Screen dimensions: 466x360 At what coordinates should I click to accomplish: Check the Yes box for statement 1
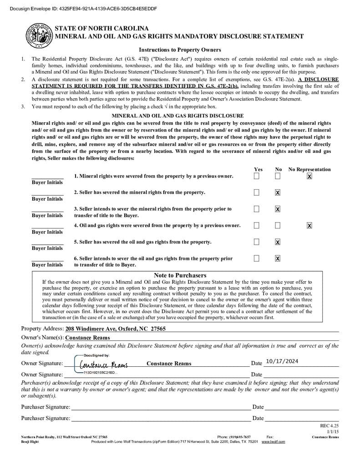[x=257, y=176]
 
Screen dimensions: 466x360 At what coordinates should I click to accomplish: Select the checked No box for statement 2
[x=278, y=192]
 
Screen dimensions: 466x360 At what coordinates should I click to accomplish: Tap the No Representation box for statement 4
[x=309, y=225]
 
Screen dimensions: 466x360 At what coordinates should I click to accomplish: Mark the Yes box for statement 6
[x=257, y=258]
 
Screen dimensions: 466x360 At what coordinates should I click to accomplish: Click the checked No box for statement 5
[x=278, y=242]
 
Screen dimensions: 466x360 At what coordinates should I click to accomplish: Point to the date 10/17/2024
[x=282, y=361]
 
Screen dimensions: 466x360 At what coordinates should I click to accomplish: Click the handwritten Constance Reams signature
[x=103, y=365]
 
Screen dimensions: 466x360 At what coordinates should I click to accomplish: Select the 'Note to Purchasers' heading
[x=180, y=275]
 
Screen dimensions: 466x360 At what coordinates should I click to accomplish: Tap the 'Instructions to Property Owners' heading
[x=180, y=50]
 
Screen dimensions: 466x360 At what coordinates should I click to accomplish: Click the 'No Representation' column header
[x=309, y=169]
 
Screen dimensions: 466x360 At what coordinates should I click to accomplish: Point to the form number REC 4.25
[x=330, y=426]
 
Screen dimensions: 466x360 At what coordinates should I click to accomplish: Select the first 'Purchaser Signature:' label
[x=46, y=407]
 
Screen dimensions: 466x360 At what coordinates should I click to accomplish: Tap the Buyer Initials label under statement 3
[x=47, y=215]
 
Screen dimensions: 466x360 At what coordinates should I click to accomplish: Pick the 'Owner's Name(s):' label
[x=42, y=338]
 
